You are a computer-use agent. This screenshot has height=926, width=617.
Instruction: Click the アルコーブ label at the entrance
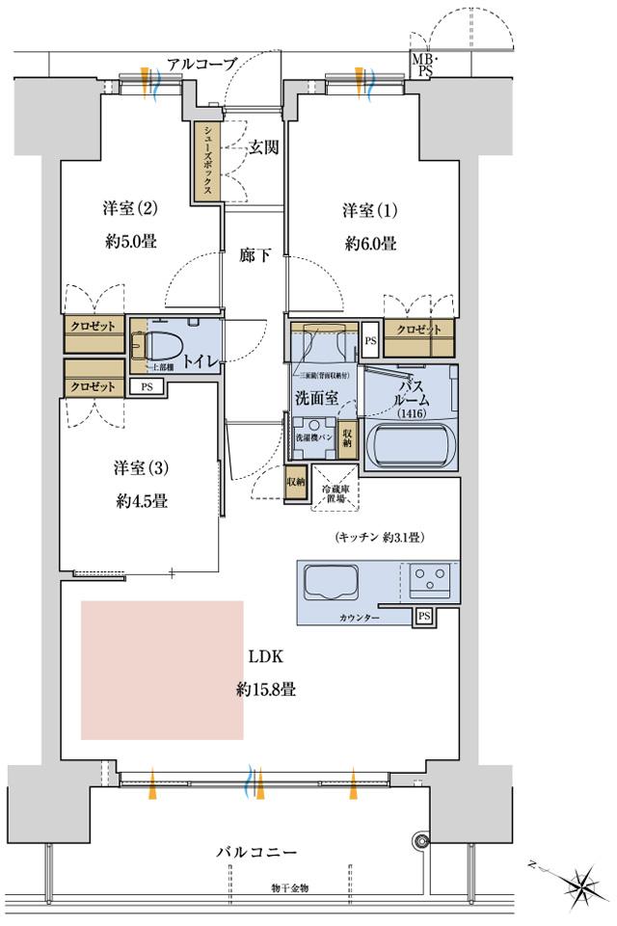click(x=201, y=65)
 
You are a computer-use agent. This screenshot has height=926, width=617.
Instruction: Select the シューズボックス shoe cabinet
click(x=205, y=161)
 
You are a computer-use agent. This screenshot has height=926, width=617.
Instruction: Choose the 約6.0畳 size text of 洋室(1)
click(x=370, y=244)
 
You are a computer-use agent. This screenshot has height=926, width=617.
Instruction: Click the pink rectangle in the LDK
click(x=162, y=670)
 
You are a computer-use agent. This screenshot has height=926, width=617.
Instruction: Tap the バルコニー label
click(x=255, y=853)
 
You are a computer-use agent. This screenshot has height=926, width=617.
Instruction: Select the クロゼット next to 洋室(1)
click(x=419, y=330)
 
